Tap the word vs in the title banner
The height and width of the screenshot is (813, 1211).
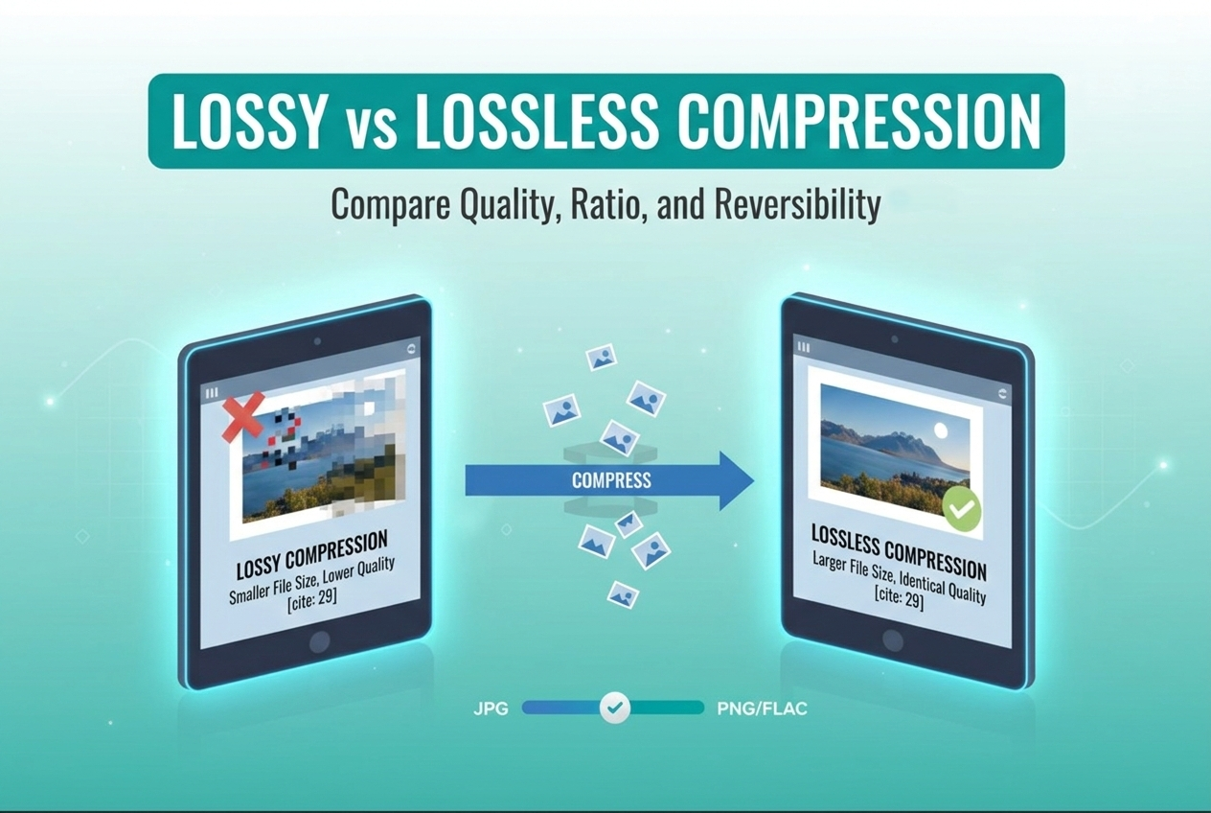[359, 124]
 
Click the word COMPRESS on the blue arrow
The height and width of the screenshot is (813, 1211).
[611, 479]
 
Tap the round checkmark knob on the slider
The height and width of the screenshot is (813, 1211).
[615, 708]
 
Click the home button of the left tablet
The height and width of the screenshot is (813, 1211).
[319, 641]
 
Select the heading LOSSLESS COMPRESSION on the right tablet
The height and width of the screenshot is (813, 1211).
[898, 550]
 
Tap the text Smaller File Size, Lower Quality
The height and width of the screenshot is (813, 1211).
[312, 581]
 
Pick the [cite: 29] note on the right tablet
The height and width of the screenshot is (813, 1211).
[899, 600]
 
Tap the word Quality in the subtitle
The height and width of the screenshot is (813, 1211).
[498, 204]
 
